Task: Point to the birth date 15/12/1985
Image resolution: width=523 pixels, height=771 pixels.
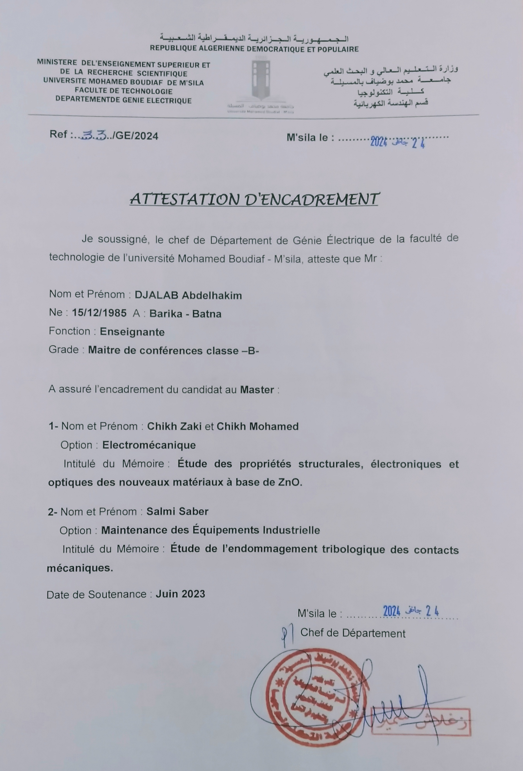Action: (x=99, y=313)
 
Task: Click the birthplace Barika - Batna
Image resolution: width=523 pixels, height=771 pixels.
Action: (x=185, y=313)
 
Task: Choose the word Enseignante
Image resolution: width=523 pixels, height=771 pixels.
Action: (x=132, y=332)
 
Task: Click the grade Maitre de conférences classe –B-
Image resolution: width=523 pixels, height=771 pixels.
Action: (x=173, y=350)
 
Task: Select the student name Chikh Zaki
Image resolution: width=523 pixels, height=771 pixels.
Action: (x=174, y=426)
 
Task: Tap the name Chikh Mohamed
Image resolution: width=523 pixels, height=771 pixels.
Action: (x=257, y=426)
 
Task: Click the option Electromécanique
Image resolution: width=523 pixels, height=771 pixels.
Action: (x=149, y=445)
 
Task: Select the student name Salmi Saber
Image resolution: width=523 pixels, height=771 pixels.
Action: (x=178, y=511)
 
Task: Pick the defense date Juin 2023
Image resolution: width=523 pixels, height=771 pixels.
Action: (x=180, y=593)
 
